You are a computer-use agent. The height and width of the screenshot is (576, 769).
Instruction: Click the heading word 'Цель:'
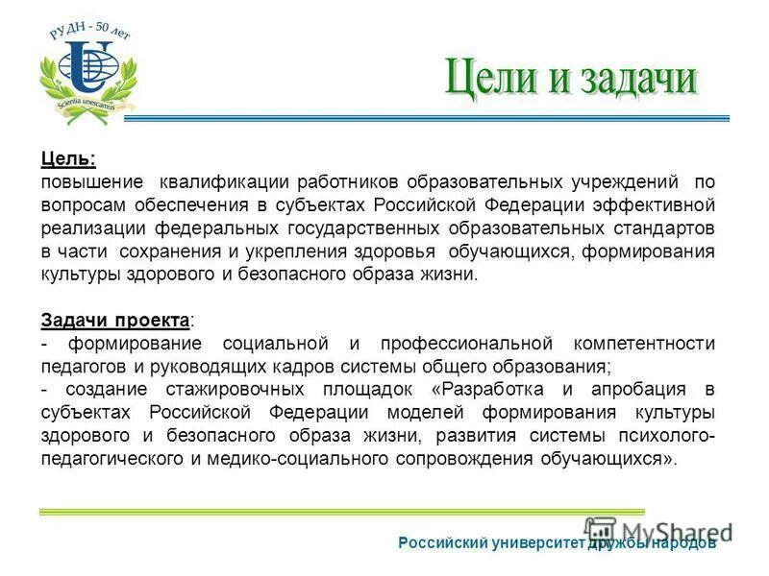coord(68,158)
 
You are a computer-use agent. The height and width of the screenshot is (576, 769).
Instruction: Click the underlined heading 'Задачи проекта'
coord(114,320)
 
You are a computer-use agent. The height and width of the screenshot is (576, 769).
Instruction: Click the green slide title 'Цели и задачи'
coord(570,78)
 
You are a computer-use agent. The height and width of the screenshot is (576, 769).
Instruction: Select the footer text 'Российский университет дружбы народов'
coord(558,543)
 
